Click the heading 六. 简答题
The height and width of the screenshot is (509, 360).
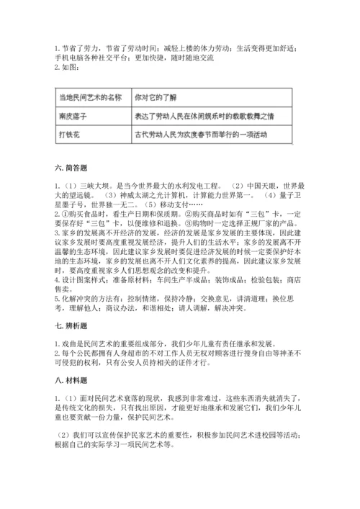(71, 168)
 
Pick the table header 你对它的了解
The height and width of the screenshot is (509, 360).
(156, 96)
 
